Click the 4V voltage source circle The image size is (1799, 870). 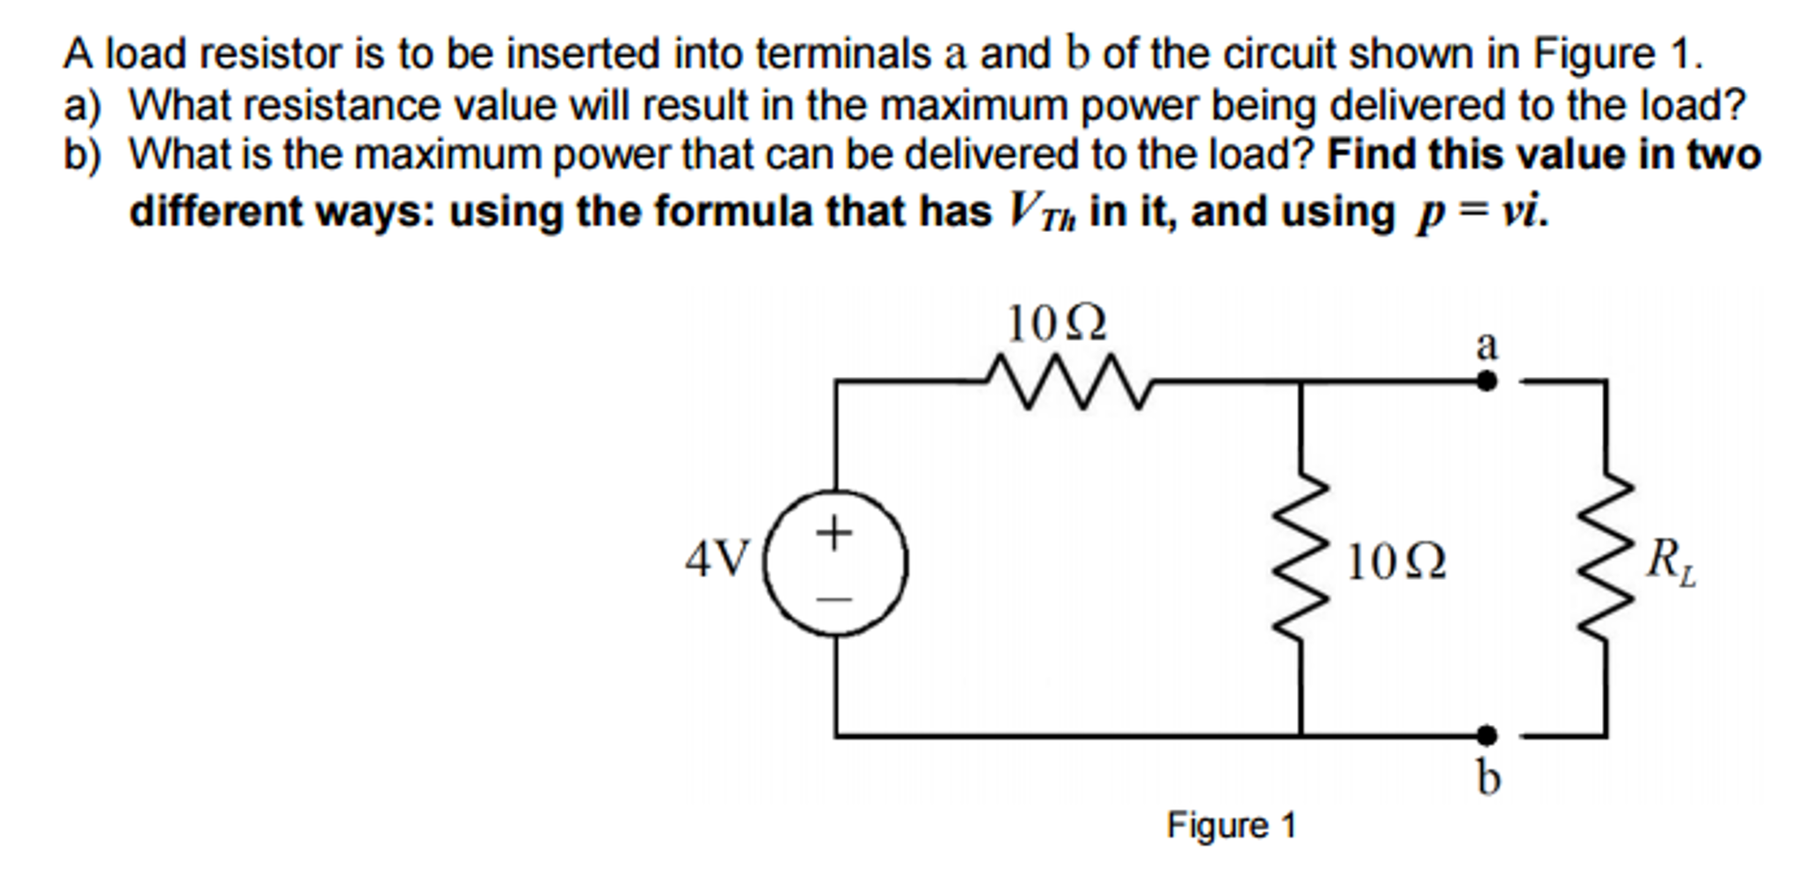tap(835, 562)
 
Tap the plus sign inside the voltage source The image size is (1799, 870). tap(834, 532)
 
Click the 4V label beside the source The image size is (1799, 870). tap(717, 559)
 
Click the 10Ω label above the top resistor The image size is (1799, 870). tap(1056, 324)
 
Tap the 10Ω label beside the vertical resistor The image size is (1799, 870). tap(1396, 562)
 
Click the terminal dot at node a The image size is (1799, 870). tap(1486, 381)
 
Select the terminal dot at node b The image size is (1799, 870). tap(1486, 735)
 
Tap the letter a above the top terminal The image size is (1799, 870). tap(1486, 345)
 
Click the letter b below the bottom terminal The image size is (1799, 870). tap(1488, 777)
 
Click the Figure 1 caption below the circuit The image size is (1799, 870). tap(1231, 826)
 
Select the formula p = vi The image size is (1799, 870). tap(1482, 212)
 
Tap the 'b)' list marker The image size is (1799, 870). tap(82, 156)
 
